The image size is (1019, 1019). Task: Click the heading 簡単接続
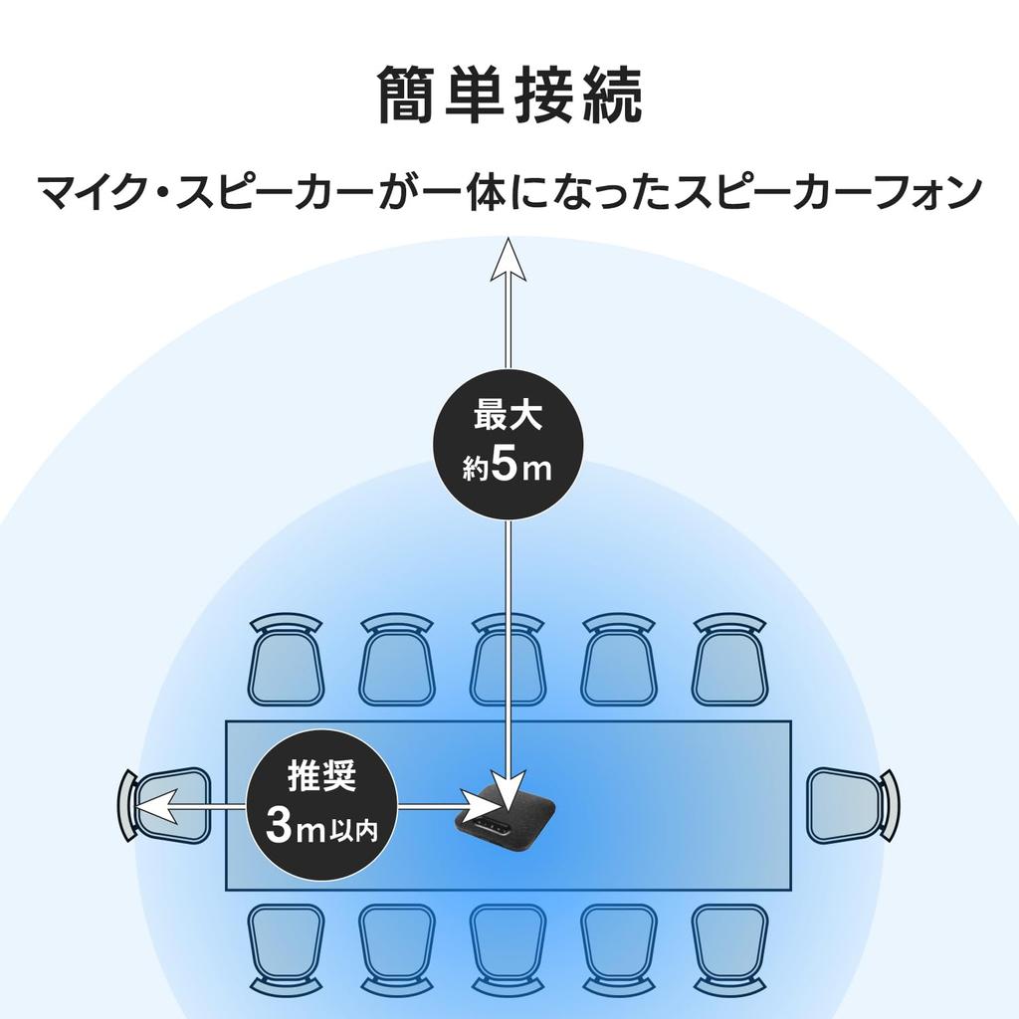click(x=509, y=95)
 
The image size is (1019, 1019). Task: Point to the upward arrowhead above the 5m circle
click(x=509, y=259)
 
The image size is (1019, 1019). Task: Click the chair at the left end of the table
click(x=165, y=806)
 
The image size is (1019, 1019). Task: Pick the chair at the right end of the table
click(x=853, y=806)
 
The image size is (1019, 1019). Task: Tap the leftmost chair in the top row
click(x=286, y=661)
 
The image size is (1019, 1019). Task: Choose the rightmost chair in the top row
click(x=730, y=661)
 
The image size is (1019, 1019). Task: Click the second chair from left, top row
click(x=397, y=661)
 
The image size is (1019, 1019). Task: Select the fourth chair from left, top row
click(x=619, y=661)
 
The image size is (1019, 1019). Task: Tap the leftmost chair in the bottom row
click(x=286, y=950)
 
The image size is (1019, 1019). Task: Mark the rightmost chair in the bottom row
click(x=730, y=950)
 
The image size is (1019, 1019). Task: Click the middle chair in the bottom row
click(x=509, y=950)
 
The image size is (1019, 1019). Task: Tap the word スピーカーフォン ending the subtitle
click(x=829, y=193)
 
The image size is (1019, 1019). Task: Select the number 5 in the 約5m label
click(x=505, y=464)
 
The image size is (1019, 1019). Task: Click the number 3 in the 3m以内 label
click(x=280, y=827)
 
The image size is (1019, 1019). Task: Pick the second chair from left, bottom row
click(x=397, y=950)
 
